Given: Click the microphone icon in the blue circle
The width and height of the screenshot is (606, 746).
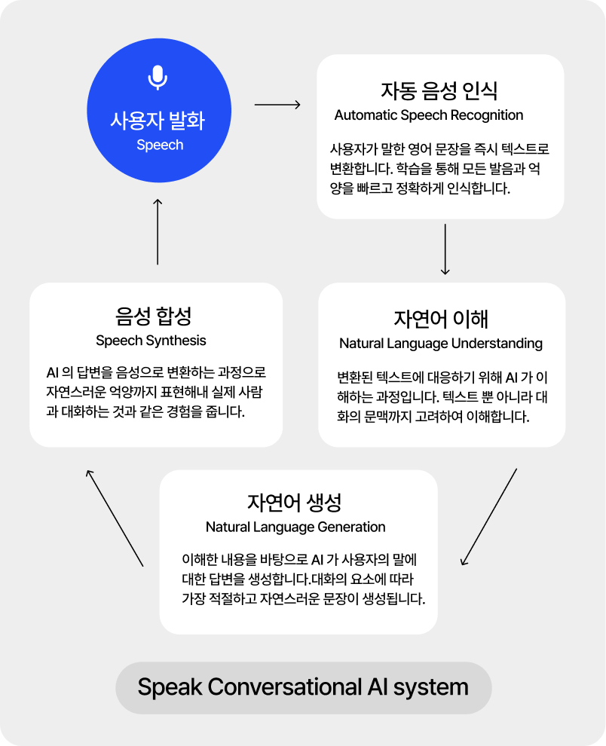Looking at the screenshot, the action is point(158,78).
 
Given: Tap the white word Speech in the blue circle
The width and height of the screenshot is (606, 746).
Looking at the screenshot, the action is point(160,145).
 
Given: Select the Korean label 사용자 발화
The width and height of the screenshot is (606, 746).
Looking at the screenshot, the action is point(158,121).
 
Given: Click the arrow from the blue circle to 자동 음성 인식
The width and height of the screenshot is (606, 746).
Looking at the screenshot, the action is point(277,105).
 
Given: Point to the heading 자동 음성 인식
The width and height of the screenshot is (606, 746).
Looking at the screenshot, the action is point(439,90).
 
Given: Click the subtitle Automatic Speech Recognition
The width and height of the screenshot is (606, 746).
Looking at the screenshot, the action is point(428,115).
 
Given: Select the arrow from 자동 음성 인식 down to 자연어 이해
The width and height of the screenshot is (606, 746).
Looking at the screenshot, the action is point(445,249).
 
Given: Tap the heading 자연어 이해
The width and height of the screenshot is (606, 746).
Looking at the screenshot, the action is point(441,319).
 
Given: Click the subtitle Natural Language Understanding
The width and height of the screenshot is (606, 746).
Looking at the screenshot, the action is point(441,344).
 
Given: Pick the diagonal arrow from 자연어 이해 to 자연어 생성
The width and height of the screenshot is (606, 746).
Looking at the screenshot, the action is point(489,517).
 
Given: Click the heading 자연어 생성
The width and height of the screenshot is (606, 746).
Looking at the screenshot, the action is point(295,503).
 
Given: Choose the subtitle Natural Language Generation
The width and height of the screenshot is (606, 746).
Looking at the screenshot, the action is point(295,527).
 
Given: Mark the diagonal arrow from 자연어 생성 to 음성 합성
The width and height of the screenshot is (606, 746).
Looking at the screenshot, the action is point(115,518).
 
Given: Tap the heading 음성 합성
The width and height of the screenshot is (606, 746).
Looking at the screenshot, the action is point(153,316).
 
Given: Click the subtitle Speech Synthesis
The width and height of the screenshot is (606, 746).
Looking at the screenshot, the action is point(151,341).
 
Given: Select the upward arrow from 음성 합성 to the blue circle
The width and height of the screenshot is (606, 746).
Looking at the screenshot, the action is point(158,231).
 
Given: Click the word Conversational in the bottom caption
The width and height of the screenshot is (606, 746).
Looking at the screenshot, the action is point(285,687).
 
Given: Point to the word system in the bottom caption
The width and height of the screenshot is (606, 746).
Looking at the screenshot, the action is point(431,689).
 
